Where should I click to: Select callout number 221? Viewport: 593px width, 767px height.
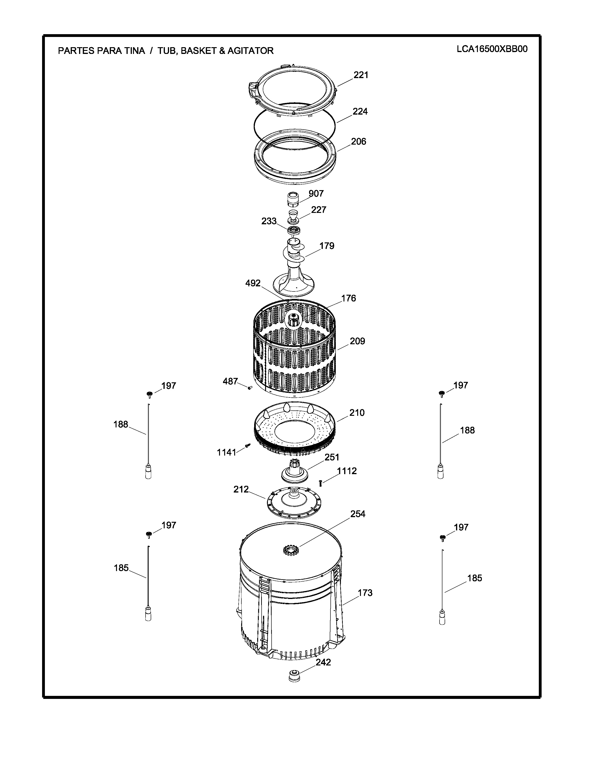[x=361, y=75]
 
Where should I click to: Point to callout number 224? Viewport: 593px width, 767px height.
[x=360, y=111]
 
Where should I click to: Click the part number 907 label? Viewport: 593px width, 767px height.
[x=316, y=194]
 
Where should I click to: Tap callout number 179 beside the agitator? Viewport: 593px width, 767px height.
[x=327, y=246]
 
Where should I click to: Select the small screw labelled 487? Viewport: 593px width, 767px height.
[x=250, y=388]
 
